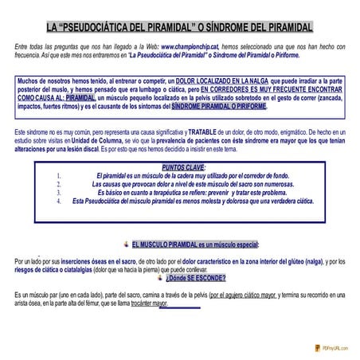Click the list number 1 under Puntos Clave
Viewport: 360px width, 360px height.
[x=60, y=176]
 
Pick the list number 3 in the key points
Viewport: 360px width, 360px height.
[x=60, y=193]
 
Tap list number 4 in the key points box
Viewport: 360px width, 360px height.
[x=60, y=202]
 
